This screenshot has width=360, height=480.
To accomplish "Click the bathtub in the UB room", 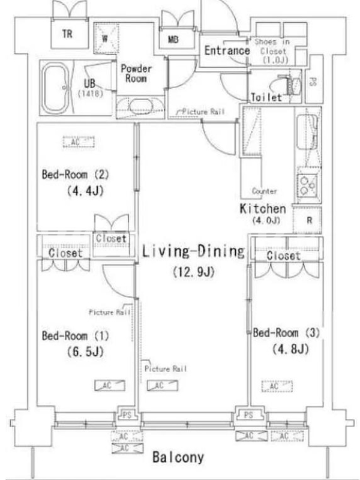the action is tap(55, 88).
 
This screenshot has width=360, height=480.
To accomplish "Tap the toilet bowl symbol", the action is tap(292, 86).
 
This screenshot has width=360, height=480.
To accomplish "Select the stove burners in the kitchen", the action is tap(307, 185).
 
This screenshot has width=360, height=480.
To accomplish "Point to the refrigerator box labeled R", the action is tap(307, 220).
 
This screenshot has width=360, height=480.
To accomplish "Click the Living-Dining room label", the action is tap(193, 251).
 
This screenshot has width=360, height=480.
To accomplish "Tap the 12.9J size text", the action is tap(193, 272).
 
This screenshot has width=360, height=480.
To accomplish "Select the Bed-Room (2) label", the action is tap(76, 175).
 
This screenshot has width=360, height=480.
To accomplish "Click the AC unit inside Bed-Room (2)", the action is tap(79, 142).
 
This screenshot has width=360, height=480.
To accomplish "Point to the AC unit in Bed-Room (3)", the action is tap(277, 386).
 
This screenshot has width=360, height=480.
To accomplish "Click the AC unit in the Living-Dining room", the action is tap(162, 385).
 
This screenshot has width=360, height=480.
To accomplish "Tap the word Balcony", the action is tap(178, 457).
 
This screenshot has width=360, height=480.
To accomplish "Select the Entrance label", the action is tap(227, 50).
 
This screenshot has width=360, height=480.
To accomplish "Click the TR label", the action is tap(67, 34).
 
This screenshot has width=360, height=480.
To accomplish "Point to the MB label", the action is tap(173, 40).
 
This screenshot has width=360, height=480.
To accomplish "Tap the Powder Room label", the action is tap(136, 73).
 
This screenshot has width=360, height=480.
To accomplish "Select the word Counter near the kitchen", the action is tap(264, 191).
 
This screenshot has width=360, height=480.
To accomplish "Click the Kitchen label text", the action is tap(263, 209).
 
